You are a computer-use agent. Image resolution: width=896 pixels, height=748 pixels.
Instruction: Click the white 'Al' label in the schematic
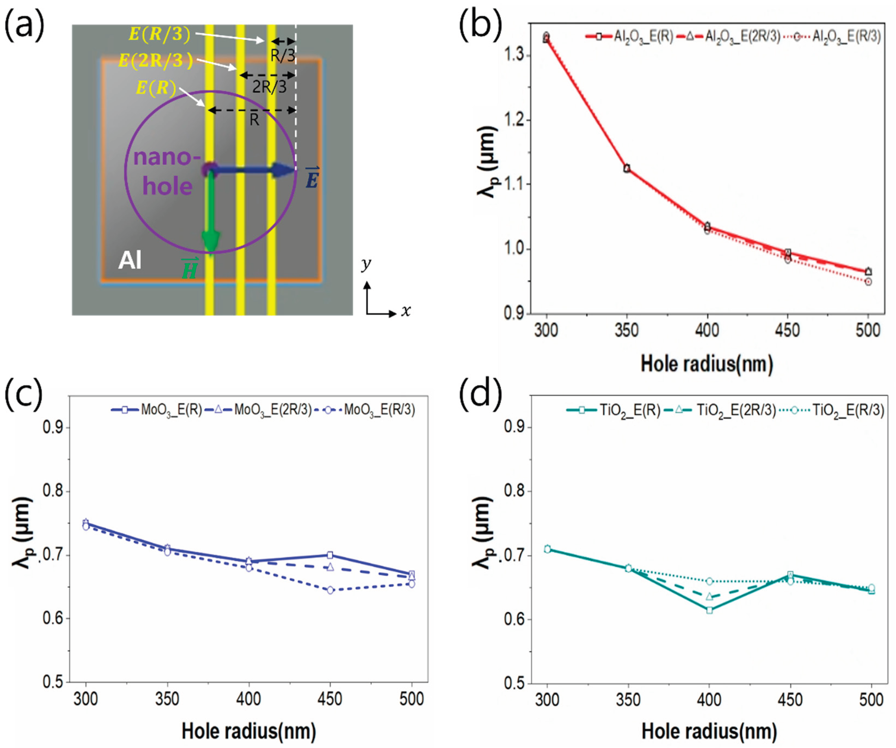[130, 260]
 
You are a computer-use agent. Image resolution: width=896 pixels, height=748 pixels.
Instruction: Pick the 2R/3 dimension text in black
[269, 87]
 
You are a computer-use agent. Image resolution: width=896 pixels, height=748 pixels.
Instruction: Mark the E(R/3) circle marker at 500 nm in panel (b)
[868, 282]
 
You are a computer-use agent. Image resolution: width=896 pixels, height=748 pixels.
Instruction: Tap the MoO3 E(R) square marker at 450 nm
[330, 555]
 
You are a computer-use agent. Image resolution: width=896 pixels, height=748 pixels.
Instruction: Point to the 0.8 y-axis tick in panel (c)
[53, 491]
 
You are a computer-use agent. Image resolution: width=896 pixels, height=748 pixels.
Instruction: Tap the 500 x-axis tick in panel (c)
[412, 699]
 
